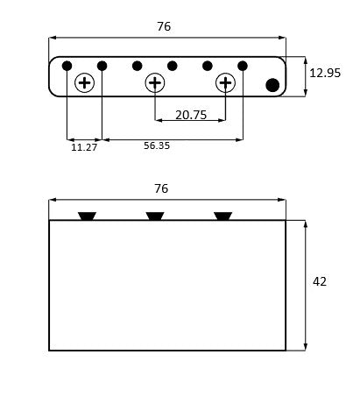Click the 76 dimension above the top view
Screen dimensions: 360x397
pyautogui.click(x=164, y=26)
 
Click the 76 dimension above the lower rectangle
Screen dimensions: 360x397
pyautogui.click(x=161, y=188)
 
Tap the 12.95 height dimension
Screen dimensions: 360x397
pyautogui.click(x=325, y=73)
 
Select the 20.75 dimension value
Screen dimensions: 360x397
pyautogui.click(x=191, y=115)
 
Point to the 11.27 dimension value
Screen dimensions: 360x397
pyautogui.click(x=84, y=147)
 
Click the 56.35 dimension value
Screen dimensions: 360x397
pyautogui.click(x=157, y=145)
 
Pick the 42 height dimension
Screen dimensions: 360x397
pyautogui.click(x=320, y=281)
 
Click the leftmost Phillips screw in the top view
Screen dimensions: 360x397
pyautogui.click(x=85, y=83)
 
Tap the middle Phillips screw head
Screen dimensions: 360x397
pyautogui.click(x=155, y=83)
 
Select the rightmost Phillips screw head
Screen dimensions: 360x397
pyautogui.click(x=225, y=83)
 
